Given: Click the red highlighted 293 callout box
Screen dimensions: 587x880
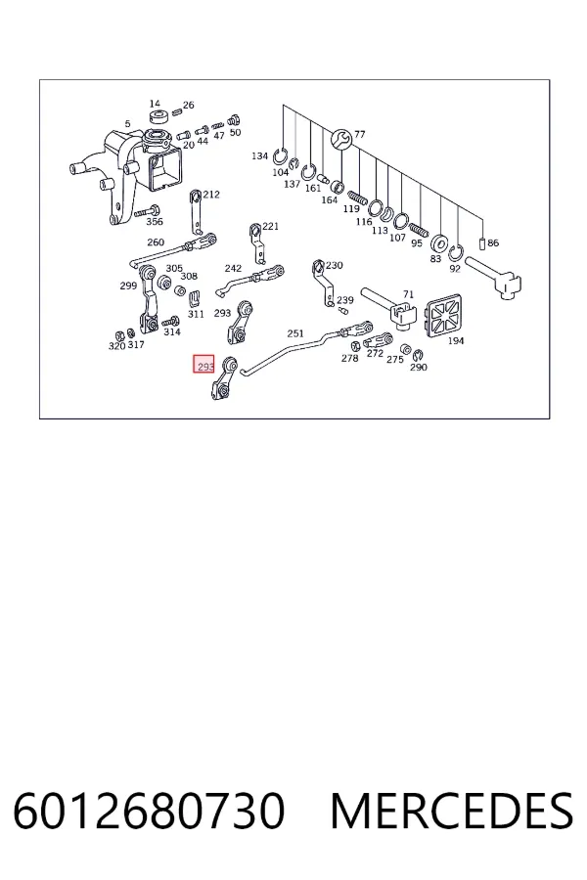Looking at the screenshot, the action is [203, 365].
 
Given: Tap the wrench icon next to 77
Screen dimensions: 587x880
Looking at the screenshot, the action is [341, 139].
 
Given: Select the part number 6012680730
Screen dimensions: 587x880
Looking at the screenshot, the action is [149, 811].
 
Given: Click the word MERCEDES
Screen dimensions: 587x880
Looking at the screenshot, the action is [452, 811].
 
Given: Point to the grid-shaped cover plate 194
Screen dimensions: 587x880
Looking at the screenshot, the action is [444, 318].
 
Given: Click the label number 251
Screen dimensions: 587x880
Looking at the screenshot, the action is [295, 333].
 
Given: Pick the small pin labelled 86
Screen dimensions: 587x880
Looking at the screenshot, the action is [481, 244].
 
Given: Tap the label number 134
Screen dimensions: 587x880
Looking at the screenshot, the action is [259, 155].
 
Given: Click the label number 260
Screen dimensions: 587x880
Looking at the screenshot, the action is [156, 242].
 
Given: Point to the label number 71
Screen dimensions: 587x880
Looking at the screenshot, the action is [408, 294].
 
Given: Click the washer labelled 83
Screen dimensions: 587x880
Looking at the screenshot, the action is [438, 244].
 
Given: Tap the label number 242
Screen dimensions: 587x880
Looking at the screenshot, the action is [233, 268].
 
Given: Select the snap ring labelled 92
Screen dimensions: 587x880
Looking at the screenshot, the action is [456, 253].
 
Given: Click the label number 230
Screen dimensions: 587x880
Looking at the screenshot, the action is [335, 265].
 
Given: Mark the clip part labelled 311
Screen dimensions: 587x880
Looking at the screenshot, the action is [195, 297].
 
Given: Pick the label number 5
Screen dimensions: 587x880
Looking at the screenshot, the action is [127, 123].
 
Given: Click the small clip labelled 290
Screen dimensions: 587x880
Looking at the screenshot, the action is [418, 355].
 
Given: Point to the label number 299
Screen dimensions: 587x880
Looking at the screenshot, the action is [128, 286].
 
